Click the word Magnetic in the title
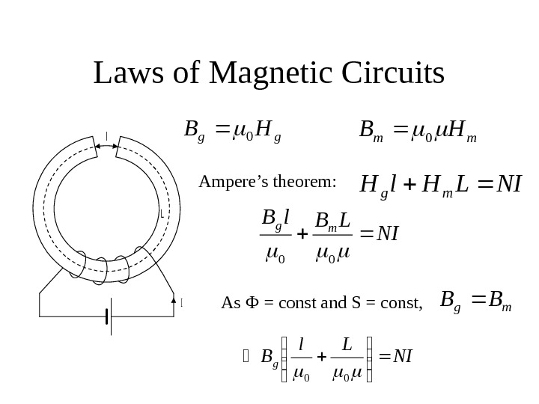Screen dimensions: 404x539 [272, 73]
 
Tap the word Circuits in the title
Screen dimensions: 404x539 [393, 73]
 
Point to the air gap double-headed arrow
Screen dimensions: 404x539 [106, 147]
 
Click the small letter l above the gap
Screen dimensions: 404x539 [106, 135]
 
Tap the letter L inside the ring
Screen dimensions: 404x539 [162, 213]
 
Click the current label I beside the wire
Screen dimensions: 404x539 [182, 303]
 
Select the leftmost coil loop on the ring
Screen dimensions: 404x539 [76, 265]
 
